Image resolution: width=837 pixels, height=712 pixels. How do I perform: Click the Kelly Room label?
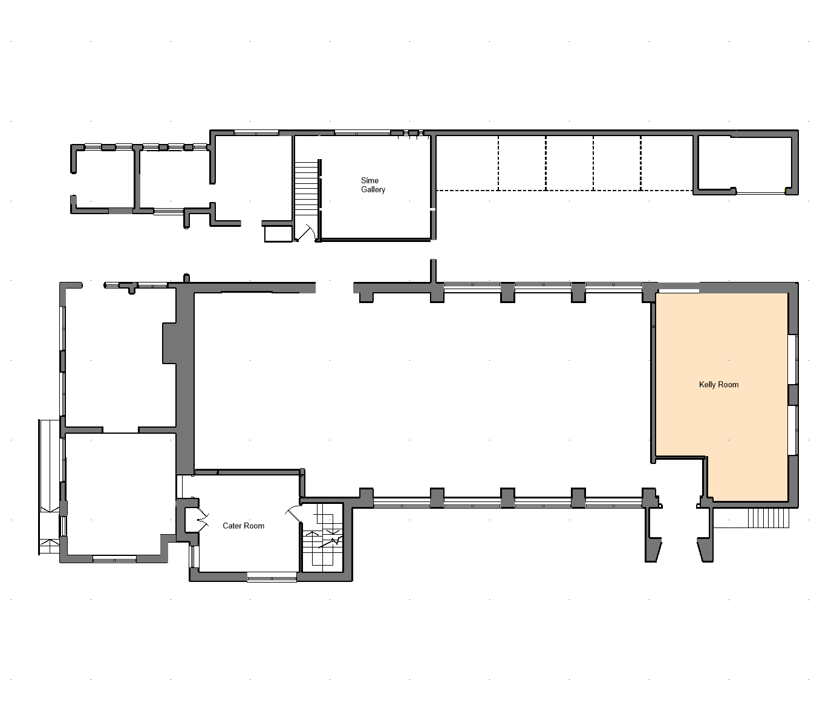coord(718,385)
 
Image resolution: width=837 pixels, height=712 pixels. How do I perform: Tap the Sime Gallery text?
coord(373,185)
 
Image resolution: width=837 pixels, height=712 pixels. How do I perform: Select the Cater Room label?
coord(243,526)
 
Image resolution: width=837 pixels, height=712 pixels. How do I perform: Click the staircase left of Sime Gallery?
coord(306,188)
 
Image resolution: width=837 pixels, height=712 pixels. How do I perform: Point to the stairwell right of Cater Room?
coord(323,537)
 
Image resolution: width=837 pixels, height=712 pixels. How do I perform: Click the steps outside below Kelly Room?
coord(768,518)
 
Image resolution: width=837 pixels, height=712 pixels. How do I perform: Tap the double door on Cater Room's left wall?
coord(202,520)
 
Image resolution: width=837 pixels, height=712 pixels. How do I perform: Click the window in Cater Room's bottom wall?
coord(272,576)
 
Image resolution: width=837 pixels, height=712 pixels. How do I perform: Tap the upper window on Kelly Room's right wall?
coord(793,359)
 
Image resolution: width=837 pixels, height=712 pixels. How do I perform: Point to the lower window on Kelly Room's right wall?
coord(793,430)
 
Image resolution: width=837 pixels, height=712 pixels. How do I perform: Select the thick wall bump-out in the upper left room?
coord(169,343)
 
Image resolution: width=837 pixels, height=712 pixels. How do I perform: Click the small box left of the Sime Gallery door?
coord(278,234)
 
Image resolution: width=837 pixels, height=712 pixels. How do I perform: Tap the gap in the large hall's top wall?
coord(334,287)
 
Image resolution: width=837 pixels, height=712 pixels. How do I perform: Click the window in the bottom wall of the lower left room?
coord(114,560)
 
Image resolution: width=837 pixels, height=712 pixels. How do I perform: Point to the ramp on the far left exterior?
coord(50,487)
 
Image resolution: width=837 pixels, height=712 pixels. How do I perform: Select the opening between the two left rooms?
coord(121,429)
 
